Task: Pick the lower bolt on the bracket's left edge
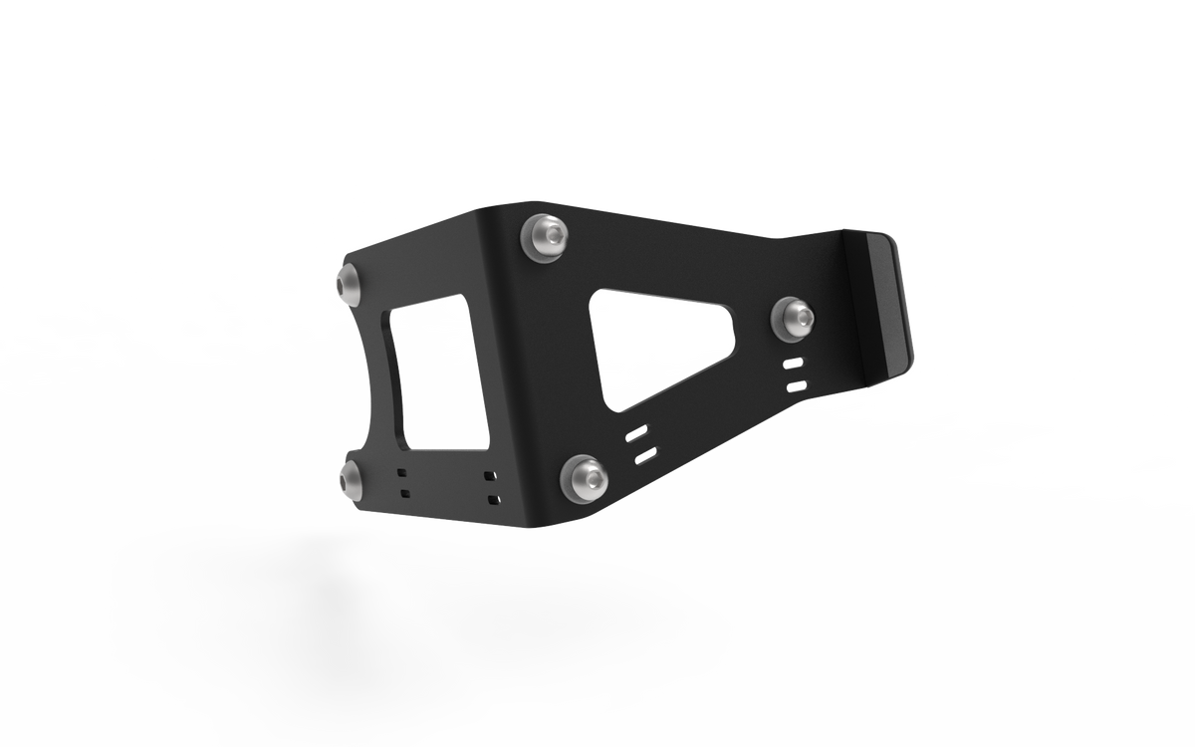pyautogui.click(x=351, y=480)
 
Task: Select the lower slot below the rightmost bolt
pyautogui.click(x=796, y=384)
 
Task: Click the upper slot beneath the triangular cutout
pyautogui.click(x=637, y=434)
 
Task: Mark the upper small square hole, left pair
pyautogui.click(x=402, y=473)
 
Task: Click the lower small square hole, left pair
pyautogui.click(x=403, y=492)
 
